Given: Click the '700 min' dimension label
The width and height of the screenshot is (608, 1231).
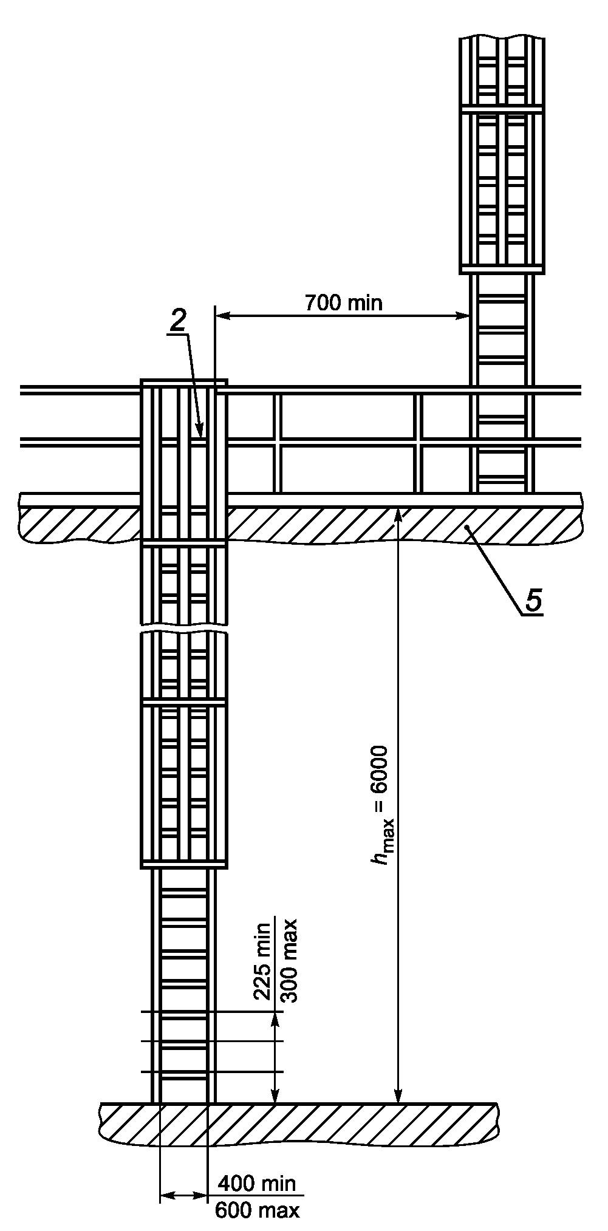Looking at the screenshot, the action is coord(344,302).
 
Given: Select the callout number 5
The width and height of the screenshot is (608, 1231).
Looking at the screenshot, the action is coord(533,601).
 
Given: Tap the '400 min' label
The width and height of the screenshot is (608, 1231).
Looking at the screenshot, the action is coord(257,1184).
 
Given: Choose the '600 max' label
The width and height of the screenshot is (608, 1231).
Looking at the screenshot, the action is coord(258,1210).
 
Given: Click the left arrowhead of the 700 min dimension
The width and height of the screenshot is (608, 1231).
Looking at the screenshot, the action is coord(221,315).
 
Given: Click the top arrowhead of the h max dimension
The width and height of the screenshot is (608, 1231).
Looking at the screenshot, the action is coord(398,514).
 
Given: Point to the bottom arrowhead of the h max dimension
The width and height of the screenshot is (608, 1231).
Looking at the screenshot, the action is coord(398,1095).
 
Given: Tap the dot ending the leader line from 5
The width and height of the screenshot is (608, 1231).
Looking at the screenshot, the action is coord(466,529).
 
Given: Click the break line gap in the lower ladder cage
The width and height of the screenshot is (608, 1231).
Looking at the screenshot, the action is coord(184,629).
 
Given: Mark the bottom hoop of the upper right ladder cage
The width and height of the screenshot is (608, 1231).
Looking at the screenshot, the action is coord(502,269).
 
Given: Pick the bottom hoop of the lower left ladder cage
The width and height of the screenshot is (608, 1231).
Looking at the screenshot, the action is coord(184,865).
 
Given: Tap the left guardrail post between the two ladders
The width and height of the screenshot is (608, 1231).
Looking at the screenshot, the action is coord(277,443).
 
